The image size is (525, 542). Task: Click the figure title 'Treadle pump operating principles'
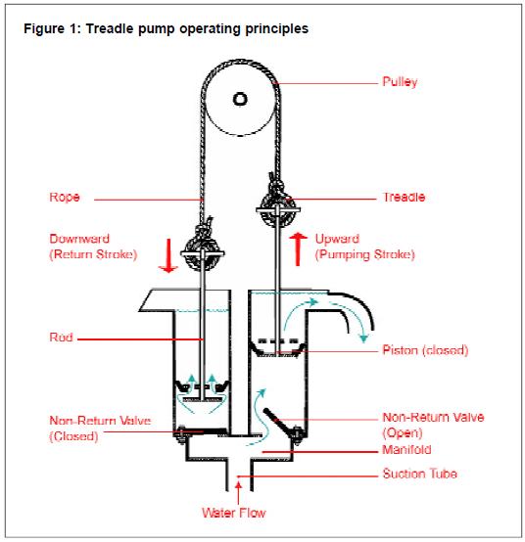click(197, 28)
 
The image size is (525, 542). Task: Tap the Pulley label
click(400, 82)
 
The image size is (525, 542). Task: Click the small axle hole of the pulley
click(240, 99)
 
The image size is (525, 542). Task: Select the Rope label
click(65, 197)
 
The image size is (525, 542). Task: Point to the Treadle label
click(404, 197)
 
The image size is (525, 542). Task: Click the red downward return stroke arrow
click(168, 255)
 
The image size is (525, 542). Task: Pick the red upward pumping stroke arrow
click(298, 249)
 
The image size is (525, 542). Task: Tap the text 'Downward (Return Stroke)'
click(93, 247)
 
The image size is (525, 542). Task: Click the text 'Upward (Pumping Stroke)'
click(364, 247)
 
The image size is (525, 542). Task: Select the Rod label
click(61, 337)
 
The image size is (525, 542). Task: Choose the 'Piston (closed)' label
click(425, 350)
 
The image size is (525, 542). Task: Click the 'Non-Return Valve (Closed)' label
click(100, 429)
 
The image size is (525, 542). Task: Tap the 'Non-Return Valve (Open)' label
click(433, 425)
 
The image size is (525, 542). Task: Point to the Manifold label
click(406, 450)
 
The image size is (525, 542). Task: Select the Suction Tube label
click(420, 474)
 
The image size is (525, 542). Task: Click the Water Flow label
click(234, 513)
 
